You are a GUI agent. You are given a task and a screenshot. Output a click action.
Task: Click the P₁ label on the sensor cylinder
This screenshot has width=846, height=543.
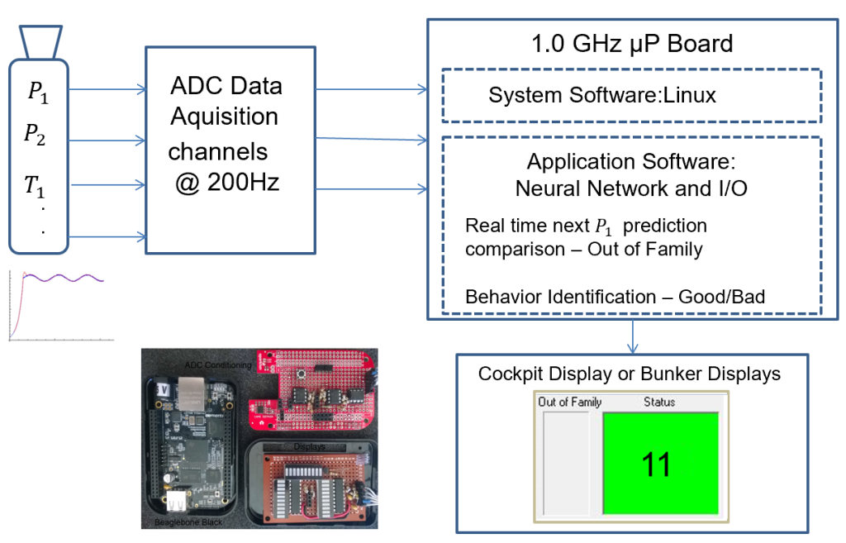click(38, 92)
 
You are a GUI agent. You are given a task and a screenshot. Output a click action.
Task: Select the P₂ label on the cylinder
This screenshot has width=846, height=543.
click(35, 135)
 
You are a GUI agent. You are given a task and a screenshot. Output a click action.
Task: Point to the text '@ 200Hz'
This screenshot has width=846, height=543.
click(226, 183)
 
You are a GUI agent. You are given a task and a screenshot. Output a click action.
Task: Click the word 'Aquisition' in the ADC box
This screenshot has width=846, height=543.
click(224, 117)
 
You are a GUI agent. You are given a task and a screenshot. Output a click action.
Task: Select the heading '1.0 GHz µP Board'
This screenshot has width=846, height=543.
click(632, 44)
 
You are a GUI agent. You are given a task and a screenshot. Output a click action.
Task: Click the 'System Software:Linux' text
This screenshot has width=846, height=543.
click(602, 95)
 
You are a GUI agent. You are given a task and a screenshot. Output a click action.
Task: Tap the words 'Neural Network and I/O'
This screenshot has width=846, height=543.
click(631, 188)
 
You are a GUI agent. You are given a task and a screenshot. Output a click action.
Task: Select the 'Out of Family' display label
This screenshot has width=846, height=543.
click(569, 402)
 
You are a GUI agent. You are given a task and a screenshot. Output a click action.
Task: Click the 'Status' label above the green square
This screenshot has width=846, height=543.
click(659, 402)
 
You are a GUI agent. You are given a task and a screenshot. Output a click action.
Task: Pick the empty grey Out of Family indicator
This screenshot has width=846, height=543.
click(567, 463)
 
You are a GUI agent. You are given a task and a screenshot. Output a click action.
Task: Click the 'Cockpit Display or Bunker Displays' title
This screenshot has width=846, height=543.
click(630, 374)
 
